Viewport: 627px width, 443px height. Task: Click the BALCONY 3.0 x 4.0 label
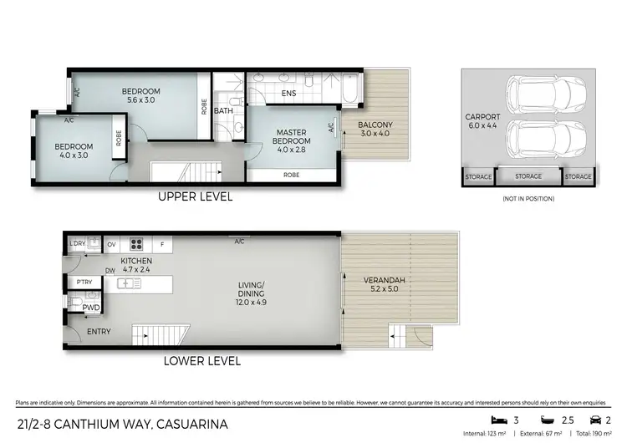(x=375, y=130)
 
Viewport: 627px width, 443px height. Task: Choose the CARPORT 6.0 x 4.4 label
(x=482, y=120)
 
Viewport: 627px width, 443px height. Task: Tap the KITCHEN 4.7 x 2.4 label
(x=136, y=265)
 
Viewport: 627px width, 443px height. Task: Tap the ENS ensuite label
(x=288, y=94)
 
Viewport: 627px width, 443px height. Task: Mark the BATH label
(x=223, y=110)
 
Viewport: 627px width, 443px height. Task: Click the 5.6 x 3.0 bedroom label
(x=140, y=95)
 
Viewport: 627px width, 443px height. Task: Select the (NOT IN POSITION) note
(x=528, y=199)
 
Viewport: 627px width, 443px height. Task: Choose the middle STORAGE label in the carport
(x=528, y=176)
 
